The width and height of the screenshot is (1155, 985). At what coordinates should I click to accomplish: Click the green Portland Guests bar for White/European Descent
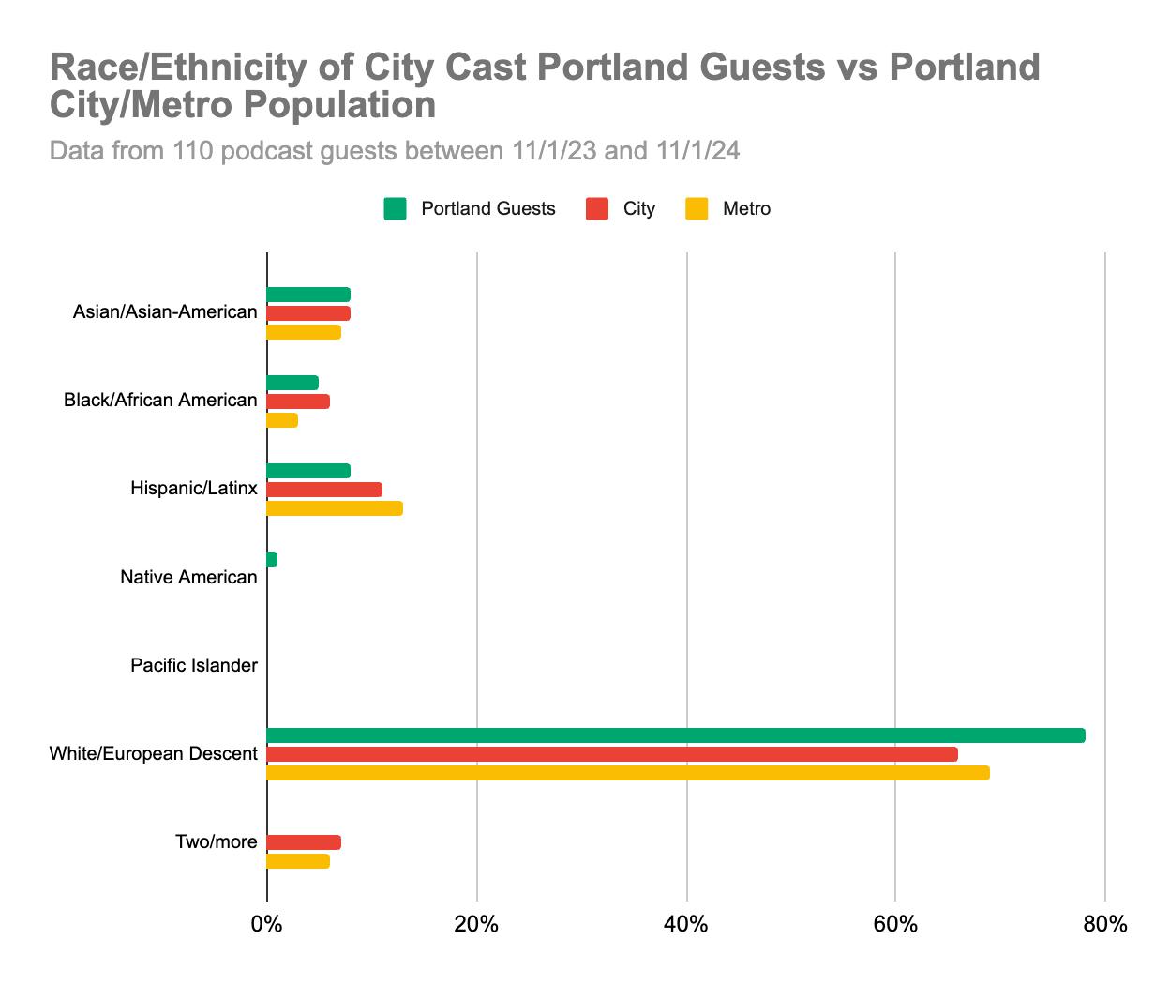[x=675, y=735]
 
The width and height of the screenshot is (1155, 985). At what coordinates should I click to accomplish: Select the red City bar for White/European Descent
[x=611, y=754]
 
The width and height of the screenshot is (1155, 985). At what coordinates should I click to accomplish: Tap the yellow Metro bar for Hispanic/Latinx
[x=335, y=508]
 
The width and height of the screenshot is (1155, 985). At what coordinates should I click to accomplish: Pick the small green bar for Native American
[x=272, y=559]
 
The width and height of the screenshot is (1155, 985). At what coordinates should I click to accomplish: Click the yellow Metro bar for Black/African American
[x=282, y=420]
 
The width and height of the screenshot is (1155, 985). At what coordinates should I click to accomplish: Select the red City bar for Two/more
[x=304, y=842]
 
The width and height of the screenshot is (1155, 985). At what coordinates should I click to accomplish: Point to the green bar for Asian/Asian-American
[x=308, y=295]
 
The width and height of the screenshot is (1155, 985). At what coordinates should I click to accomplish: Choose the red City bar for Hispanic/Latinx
[x=324, y=490]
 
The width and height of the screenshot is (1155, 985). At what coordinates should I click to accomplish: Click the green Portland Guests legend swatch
[x=395, y=209]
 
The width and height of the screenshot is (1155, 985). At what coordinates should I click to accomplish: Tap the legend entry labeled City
[x=638, y=209]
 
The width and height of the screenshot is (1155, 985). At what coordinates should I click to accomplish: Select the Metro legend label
[x=746, y=209]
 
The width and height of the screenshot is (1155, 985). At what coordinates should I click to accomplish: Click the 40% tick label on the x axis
[x=686, y=925]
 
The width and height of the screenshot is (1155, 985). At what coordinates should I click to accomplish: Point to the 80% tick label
[x=1104, y=925]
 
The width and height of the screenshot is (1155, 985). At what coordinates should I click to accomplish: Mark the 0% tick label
[x=267, y=925]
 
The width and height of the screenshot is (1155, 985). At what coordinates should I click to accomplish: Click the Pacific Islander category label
[x=193, y=666]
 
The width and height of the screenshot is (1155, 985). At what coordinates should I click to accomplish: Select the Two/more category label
[x=216, y=842]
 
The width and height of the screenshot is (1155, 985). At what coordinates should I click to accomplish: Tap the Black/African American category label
[x=160, y=401]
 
